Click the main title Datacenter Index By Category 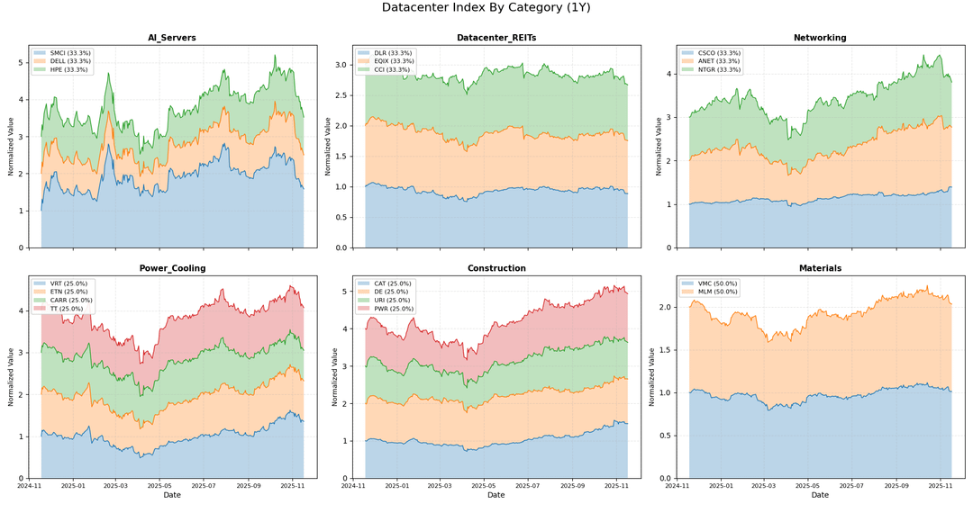tap(486, 8)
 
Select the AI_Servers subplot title tap(172, 38)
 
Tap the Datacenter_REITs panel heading tap(496, 38)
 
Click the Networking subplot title tap(820, 38)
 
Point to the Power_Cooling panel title tap(172, 268)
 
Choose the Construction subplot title tap(496, 268)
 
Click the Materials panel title tap(820, 268)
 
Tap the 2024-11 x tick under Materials tap(677, 486)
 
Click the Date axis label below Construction tap(496, 495)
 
